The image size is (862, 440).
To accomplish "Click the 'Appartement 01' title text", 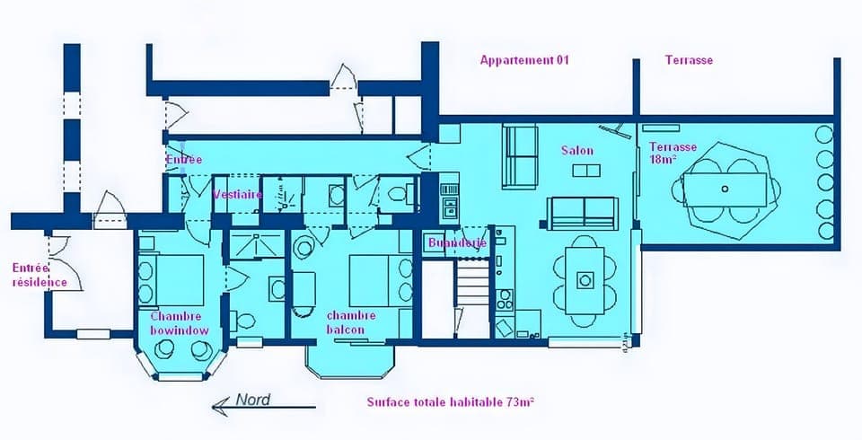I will pos(524,60).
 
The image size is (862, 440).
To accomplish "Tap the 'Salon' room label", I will pos(577,150).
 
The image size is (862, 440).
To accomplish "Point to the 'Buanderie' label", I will pos(458,242).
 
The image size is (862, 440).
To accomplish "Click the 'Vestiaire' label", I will pos(237,194).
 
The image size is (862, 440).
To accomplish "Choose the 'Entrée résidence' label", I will pos(38,275).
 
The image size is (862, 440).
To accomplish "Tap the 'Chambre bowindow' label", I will pos(180,323).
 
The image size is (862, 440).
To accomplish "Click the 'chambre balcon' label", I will pos(351,322).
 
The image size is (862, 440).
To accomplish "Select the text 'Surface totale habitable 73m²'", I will pos(451,402).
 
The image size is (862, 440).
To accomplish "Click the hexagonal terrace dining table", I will pos(724,189).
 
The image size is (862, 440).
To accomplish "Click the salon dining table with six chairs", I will pos(585,279).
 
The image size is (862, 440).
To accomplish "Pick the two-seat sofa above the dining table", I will pos(584,213).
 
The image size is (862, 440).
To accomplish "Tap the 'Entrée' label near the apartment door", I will pos(184,160).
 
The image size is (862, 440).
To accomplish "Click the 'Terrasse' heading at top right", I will pos(689,60).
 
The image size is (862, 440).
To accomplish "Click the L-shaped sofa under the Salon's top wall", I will pos(519,155).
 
